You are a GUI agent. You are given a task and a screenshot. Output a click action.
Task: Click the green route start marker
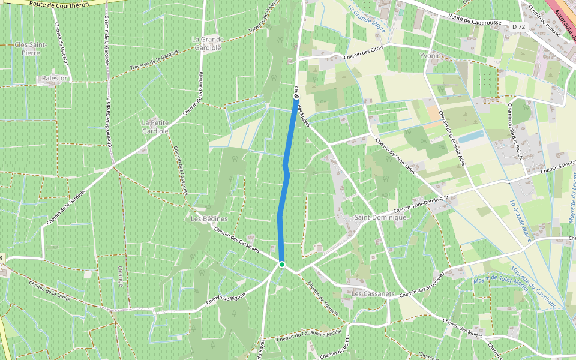(281, 264)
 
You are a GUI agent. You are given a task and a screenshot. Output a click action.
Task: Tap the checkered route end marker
(296, 96)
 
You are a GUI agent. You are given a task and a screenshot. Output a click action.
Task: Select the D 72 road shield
(518, 26)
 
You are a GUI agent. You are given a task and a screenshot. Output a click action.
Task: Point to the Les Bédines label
(209, 218)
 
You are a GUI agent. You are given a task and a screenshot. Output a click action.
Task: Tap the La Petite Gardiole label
(154, 126)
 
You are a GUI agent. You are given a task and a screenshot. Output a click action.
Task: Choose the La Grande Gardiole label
(207, 43)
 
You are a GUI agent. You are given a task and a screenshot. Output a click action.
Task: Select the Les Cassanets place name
(373, 294)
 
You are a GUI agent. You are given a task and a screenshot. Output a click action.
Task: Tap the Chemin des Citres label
(364, 56)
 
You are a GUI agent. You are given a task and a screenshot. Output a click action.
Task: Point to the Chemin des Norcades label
(394, 156)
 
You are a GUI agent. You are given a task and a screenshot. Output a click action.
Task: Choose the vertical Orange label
(120, 276)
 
